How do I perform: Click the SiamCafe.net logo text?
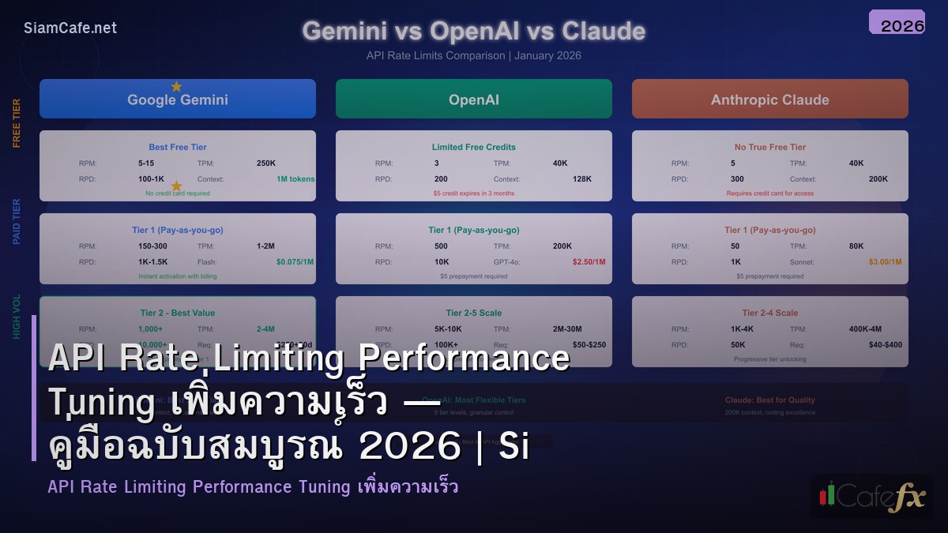coord(70,28)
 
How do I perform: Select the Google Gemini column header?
coord(178,99)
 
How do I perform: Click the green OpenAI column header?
coord(473,99)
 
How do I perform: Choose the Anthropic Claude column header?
coord(769,99)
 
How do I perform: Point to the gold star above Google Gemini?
coord(176,86)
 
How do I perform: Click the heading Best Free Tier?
coord(178,147)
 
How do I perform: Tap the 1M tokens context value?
coord(295,178)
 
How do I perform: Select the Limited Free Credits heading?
coord(473,147)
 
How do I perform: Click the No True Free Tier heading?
coord(769,147)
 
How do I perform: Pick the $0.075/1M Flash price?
coord(295,261)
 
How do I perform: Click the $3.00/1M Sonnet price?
coord(885,261)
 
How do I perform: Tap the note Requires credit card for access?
coord(769,193)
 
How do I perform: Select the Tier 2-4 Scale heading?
coord(769,313)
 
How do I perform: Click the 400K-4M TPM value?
coord(865,328)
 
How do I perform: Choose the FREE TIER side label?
coord(17,123)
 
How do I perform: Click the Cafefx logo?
coord(872,496)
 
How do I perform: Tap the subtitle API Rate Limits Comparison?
coord(473,55)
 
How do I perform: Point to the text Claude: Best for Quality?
coord(769,400)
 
